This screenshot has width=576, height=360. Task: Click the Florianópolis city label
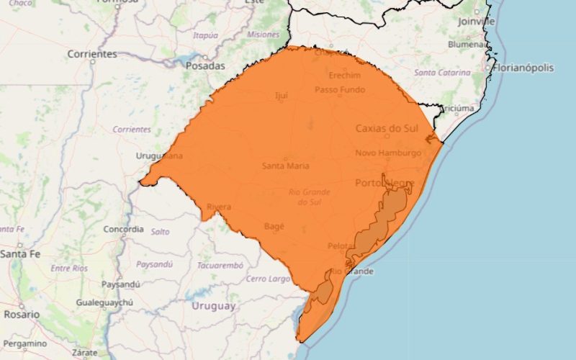point(523,68)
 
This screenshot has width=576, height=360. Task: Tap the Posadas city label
point(205,65)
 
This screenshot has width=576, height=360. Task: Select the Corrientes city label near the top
point(92,54)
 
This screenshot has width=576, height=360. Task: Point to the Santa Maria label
point(286,166)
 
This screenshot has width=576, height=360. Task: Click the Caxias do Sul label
point(387,128)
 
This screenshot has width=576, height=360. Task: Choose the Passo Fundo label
point(340,90)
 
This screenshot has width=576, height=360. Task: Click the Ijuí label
point(281,95)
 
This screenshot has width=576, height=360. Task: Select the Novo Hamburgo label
point(388,153)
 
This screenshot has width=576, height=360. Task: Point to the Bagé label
point(274,226)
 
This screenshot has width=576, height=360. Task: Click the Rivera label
point(219,207)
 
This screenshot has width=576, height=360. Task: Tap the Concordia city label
point(124,229)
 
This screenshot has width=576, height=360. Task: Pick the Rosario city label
point(22,315)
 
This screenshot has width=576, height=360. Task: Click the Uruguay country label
point(214,306)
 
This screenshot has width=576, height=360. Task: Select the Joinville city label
point(477,22)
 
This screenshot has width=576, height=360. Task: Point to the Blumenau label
point(468,43)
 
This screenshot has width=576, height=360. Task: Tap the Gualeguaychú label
point(105,303)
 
